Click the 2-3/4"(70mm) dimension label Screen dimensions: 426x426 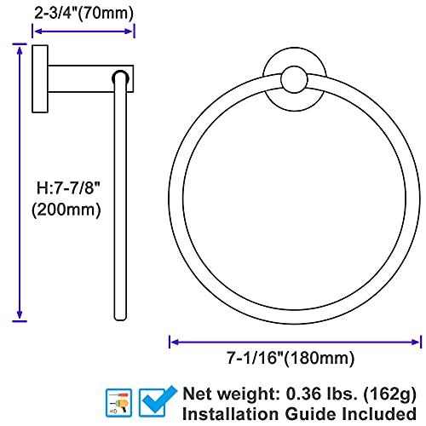[x=83, y=13]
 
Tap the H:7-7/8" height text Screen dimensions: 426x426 [x=68, y=187]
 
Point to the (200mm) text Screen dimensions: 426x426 [x=66, y=210]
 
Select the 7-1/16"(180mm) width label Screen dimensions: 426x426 [x=291, y=358]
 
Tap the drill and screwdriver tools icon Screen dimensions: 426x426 [x=118, y=403]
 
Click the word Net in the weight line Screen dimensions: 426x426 [x=198, y=394]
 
